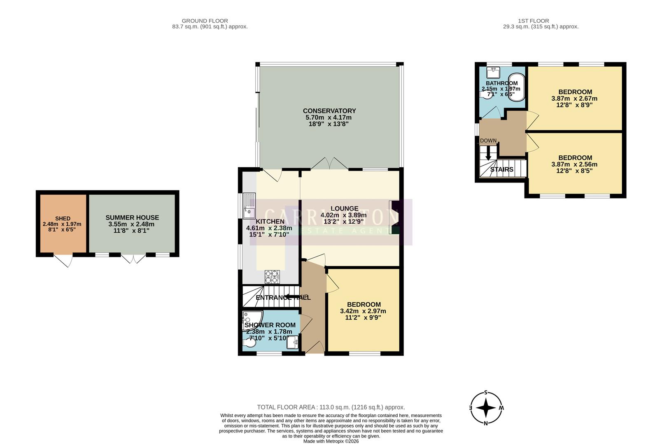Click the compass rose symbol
(486, 408)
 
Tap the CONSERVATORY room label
(329, 111)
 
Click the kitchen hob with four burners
(272, 277)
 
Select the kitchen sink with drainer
(249, 206)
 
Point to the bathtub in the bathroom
(517, 87)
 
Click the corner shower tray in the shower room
(252, 320)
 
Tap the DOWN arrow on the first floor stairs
(489, 153)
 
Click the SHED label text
(63, 218)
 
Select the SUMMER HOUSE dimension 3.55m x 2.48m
(131, 224)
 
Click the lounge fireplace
(394, 217)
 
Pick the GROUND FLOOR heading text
(205, 21)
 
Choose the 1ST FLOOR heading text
(533, 21)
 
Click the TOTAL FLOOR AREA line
(331, 407)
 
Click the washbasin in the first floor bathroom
(493, 73)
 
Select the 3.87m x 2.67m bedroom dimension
(574, 99)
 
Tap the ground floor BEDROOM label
(363, 305)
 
